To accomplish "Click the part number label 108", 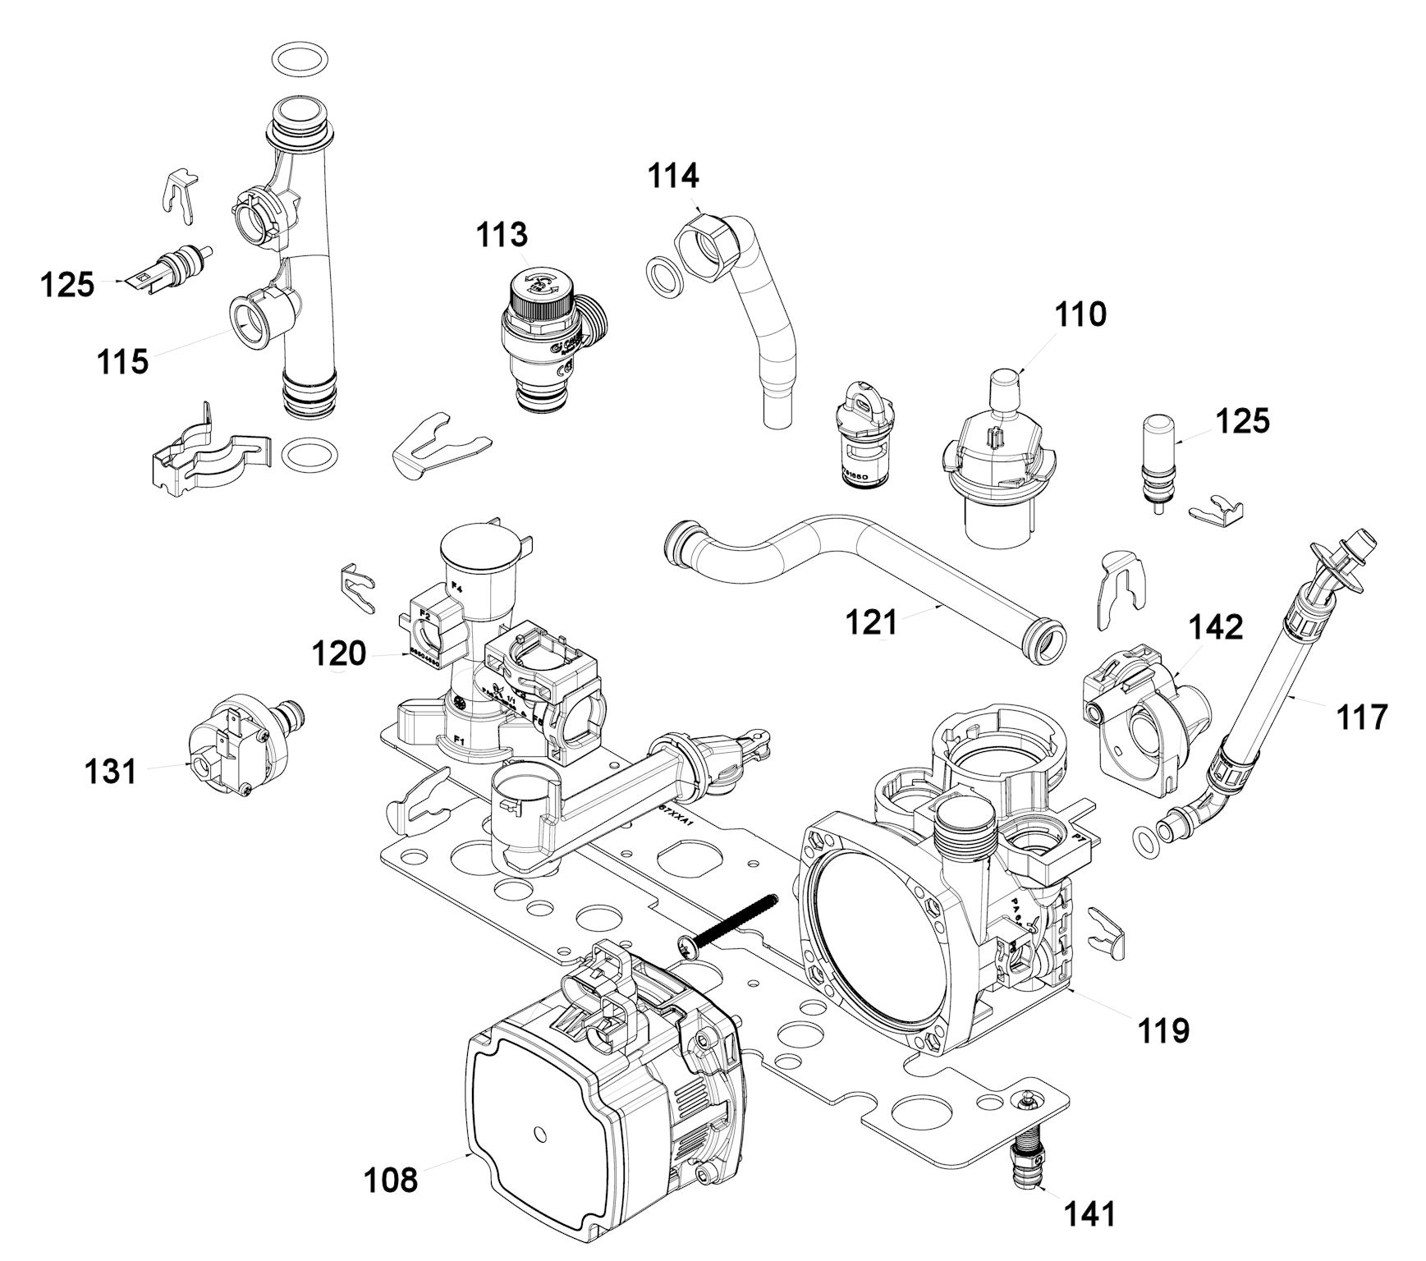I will (x=391, y=1181).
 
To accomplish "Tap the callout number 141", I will (x=1089, y=1213).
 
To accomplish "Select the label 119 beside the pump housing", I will (x=1163, y=1029).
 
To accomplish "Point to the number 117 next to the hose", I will (x=1360, y=717).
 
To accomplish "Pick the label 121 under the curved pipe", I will (x=873, y=622).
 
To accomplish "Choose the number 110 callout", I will (x=1080, y=314).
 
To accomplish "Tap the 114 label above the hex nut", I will (x=673, y=177).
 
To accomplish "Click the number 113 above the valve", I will (x=502, y=235).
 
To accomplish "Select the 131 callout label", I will (x=111, y=772).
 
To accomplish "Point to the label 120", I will (x=338, y=654).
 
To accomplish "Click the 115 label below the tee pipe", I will (x=123, y=360).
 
